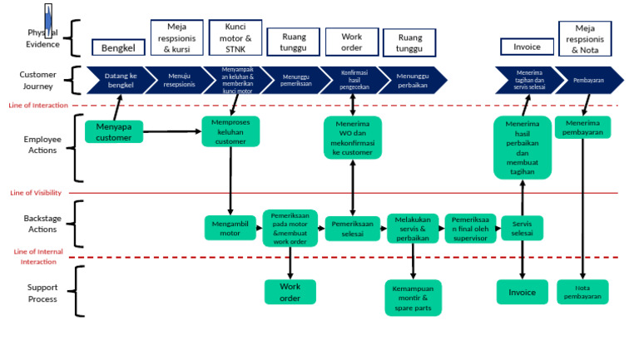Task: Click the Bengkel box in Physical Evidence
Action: pos(118,48)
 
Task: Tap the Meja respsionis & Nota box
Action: pos(585,38)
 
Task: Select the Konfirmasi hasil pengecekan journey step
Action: pos(353,80)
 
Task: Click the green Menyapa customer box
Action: pos(114,131)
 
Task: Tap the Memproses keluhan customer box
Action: pos(230,131)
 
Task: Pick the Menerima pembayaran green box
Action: pos(582,127)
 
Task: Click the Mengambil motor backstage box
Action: pos(230,228)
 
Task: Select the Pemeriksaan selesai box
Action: pos(352,228)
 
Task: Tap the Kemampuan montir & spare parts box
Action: pos(413,298)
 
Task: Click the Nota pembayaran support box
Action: pos(582,292)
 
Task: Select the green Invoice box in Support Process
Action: pos(523,292)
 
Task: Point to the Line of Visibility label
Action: pos(36,193)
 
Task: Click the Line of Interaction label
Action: pos(38,106)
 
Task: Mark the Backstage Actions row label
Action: pos(42,224)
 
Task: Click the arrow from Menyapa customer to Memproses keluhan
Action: pos(171,131)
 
